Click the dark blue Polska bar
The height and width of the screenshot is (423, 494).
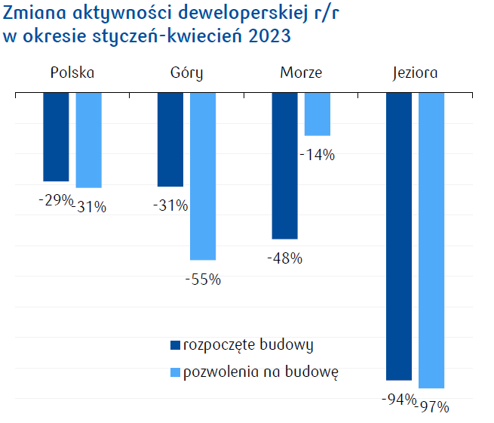[x=56, y=137]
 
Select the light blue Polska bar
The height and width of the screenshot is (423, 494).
[x=89, y=140]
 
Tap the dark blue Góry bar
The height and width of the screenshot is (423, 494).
[x=170, y=139]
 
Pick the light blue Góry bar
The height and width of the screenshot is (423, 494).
[x=203, y=176]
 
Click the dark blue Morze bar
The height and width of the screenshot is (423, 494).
[x=284, y=165]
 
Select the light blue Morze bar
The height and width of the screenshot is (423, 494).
[x=317, y=114]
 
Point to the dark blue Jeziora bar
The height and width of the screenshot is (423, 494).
[x=399, y=236]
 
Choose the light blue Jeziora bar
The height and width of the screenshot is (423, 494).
[x=431, y=240]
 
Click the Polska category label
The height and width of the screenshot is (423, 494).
[x=72, y=73]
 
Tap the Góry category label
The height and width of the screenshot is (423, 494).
[x=186, y=73]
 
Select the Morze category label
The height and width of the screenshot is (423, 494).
[x=301, y=73]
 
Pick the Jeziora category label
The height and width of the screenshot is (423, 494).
[x=415, y=73]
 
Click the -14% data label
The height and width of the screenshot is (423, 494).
[x=317, y=155]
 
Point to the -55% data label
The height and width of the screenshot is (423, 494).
[x=203, y=279]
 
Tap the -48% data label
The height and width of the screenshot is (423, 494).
[x=284, y=258]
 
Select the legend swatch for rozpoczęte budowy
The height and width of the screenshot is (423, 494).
[x=175, y=345]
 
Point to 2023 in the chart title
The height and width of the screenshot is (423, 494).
[x=270, y=36]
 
